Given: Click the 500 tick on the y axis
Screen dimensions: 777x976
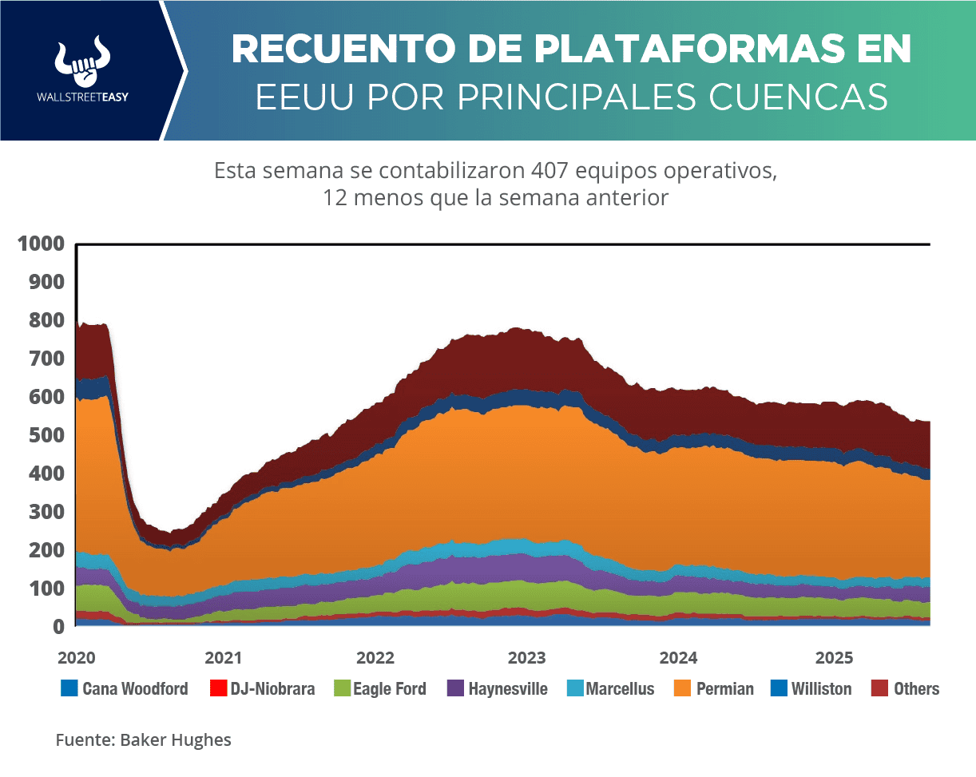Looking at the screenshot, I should [47, 435].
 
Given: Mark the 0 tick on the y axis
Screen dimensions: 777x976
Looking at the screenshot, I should [58, 627].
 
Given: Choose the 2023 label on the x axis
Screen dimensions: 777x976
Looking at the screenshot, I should [527, 658].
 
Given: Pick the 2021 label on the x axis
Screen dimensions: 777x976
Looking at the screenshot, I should [224, 658].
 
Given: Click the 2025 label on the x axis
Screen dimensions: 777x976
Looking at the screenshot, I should [834, 658].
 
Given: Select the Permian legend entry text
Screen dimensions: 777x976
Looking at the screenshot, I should [724, 688].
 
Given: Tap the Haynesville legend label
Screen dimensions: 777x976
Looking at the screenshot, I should [508, 688].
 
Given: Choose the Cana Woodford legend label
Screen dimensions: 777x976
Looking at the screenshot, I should [135, 688].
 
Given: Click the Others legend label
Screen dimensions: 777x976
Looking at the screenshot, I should [916, 688].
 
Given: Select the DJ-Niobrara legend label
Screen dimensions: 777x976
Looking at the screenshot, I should [272, 688].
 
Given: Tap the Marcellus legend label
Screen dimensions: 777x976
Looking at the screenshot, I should [620, 688].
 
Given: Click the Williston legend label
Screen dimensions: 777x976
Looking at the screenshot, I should [821, 688].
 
